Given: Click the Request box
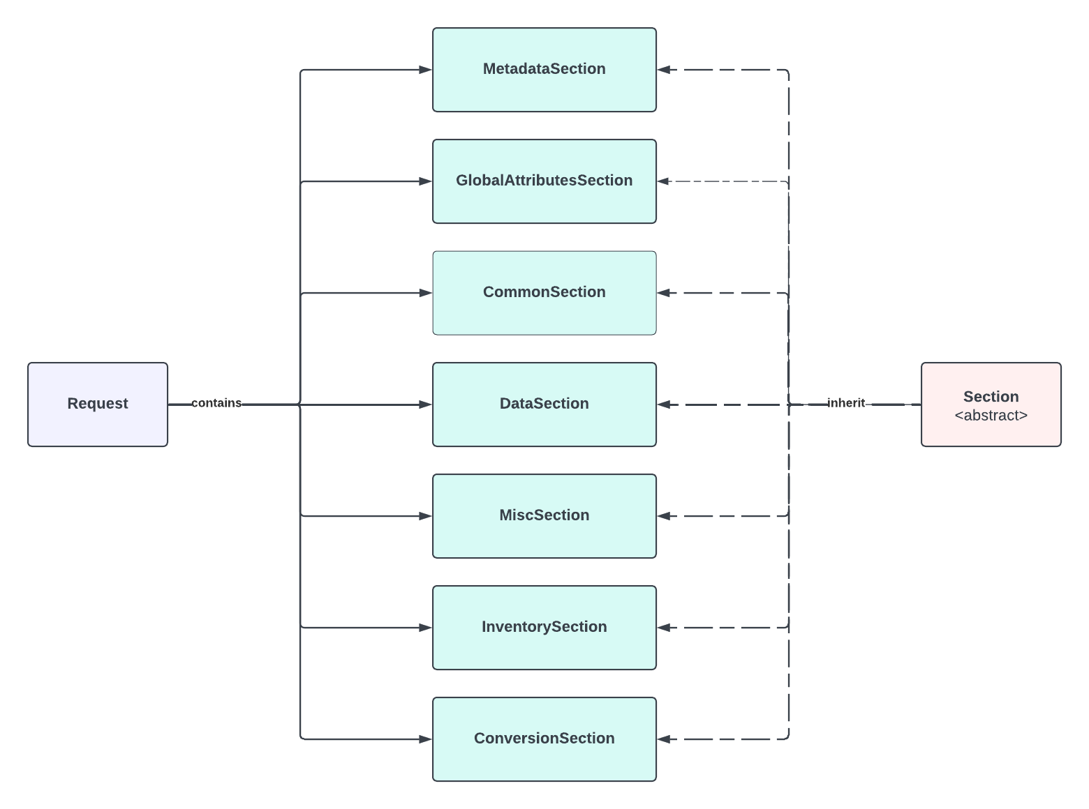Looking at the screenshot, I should [98, 404].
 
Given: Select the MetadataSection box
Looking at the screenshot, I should [544, 69].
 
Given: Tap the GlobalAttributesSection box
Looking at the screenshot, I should [544, 181].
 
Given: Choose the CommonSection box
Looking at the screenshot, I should [544, 292].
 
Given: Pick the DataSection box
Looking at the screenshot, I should [544, 404].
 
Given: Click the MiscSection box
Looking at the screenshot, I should [544, 515].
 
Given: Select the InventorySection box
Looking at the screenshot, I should [544, 627].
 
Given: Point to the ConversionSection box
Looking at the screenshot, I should [544, 739].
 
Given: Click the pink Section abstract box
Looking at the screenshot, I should [991, 404].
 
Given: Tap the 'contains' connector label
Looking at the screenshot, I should [216, 403].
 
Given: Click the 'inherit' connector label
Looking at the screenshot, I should [845, 403].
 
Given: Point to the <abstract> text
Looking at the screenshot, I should [991, 416].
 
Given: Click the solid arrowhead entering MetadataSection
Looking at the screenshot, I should [425, 70].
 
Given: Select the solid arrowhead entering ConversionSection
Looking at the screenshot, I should [425, 739].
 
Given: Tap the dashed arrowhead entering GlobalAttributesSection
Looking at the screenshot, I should [664, 181].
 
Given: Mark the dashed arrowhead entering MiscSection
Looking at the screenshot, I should [664, 516].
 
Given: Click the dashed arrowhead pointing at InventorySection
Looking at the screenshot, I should [664, 628].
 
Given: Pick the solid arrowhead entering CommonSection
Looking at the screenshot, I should [425, 293].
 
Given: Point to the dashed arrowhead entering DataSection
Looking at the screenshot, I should [664, 404].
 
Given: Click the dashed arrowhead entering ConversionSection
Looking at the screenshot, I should [664, 739].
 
